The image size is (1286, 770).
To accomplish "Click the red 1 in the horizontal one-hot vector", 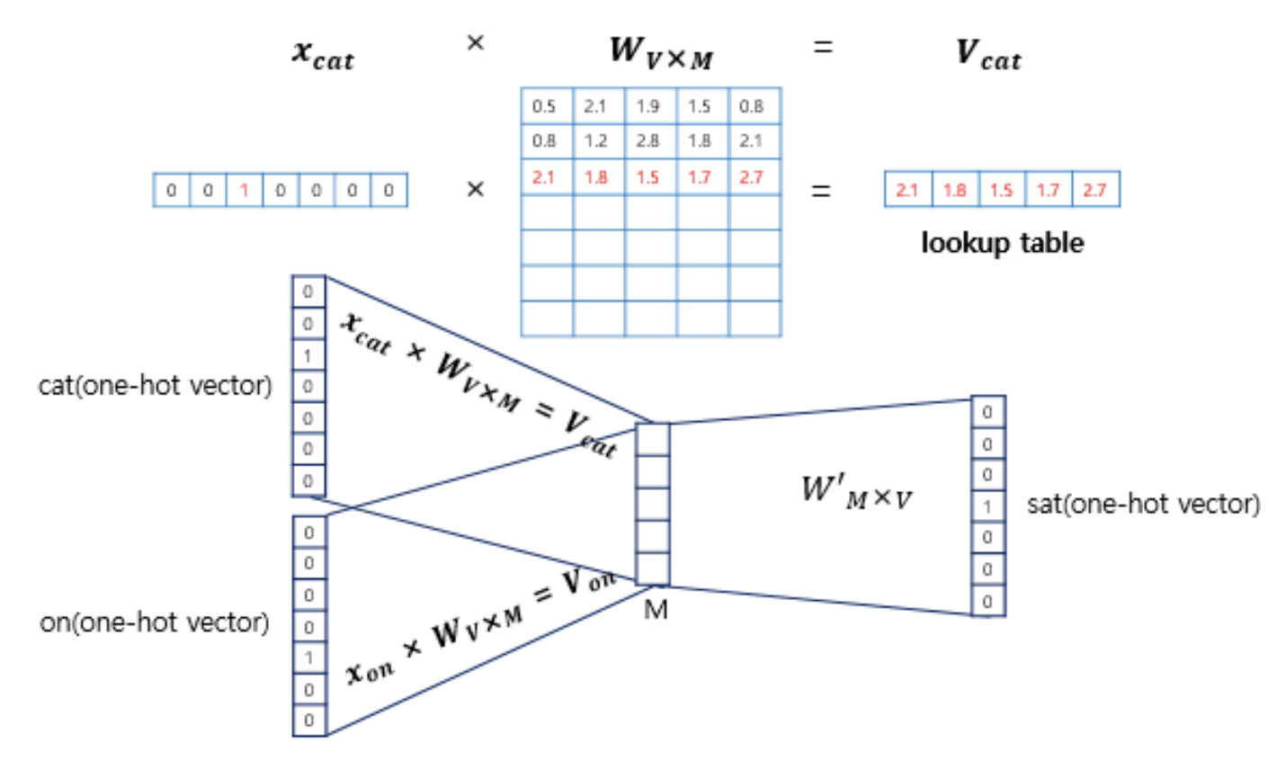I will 244,190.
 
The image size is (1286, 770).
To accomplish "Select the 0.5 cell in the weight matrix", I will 544,106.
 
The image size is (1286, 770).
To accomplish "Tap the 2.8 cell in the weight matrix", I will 647,141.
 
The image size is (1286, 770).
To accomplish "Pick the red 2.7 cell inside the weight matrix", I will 752,177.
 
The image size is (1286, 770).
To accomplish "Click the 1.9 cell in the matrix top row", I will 647,106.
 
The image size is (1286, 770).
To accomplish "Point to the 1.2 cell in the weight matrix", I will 595,141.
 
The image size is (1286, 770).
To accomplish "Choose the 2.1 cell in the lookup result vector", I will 906,190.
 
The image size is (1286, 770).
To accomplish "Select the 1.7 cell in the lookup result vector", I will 1048,190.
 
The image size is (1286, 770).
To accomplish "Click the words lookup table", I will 1002,242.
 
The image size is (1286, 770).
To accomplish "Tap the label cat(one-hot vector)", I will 155,386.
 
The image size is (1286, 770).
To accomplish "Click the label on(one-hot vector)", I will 154,622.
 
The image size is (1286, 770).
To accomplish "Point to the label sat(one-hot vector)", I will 1143,504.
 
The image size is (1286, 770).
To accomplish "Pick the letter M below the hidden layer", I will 656,610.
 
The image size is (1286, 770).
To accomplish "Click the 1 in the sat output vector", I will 987,506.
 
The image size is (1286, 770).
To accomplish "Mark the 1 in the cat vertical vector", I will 308,355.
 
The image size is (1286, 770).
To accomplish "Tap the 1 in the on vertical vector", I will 308,658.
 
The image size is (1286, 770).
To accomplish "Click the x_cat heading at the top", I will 323,53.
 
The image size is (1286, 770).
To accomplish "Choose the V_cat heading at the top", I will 987,53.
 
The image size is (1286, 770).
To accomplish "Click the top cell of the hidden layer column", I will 653,440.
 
